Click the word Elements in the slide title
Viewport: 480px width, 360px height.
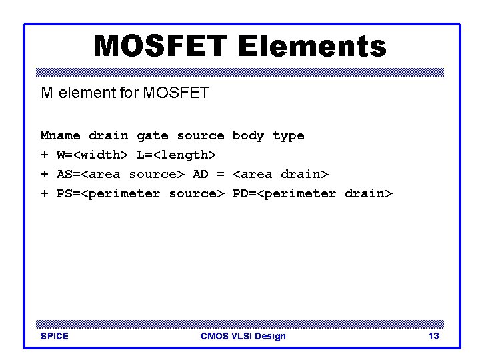(x=311, y=46)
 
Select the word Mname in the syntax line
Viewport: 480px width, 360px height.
(x=60, y=136)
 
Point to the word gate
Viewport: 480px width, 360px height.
(x=152, y=136)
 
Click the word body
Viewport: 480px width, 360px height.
(x=248, y=136)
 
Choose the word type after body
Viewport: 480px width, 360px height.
(x=288, y=136)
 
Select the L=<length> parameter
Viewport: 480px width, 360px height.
(x=176, y=155)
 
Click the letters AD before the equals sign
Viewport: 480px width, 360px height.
(x=200, y=175)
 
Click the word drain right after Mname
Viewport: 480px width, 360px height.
(x=108, y=136)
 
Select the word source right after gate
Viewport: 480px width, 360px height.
(x=200, y=136)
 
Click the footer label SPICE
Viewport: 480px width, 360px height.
(x=55, y=336)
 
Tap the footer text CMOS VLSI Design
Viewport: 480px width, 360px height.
(x=243, y=336)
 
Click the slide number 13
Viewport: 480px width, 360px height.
(x=433, y=336)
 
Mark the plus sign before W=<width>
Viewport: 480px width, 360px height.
(x=45, y=155)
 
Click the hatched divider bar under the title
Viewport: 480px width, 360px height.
(x=240, y=72)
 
